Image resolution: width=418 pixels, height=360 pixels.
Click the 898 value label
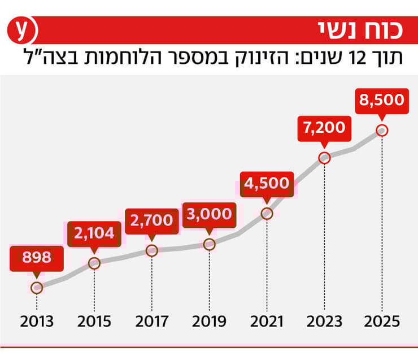point(37,258)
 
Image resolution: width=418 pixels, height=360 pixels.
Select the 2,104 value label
point(94,233)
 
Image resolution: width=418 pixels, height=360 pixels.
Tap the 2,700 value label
point(151,220)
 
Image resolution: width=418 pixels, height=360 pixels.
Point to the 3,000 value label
point(209,214)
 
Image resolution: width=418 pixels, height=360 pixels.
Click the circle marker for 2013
point(37,288)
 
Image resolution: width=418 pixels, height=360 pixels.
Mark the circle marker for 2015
point(94,263)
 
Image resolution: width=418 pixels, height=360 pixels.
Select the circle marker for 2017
point(151,250)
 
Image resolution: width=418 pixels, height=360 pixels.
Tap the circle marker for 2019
point(209,245)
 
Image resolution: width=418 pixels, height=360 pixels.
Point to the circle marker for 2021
point(267,214)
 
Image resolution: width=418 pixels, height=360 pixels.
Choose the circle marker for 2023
point(324,158)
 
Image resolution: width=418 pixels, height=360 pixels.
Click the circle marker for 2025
point(382,131)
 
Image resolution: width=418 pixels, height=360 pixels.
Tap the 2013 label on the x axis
point(37,322)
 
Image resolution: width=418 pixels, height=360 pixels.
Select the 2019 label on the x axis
point(209,322)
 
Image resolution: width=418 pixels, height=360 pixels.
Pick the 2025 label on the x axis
point(382,322)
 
